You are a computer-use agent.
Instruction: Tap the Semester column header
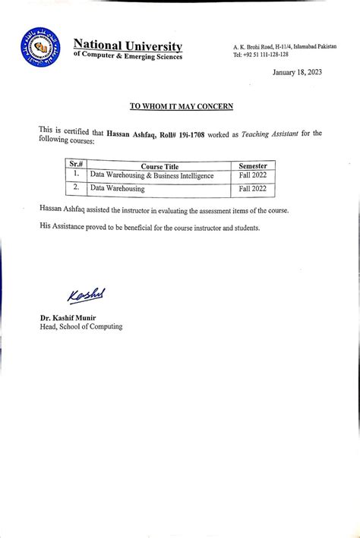[x=253, y=165]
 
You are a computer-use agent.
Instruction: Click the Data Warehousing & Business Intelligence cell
[x=152, y=175]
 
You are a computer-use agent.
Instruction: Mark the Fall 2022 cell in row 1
[x=253, y=176]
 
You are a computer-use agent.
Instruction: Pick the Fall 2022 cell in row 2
[x=253, y=188]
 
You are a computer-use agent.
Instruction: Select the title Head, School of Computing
[x=81, y=326]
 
